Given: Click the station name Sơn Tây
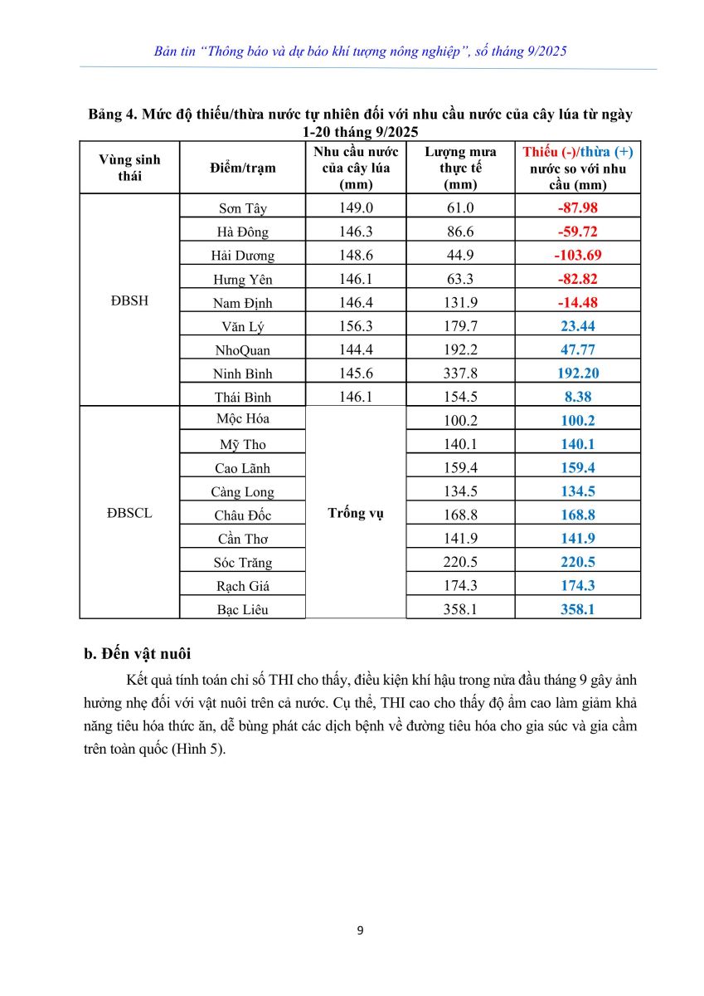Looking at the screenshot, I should point(243,208).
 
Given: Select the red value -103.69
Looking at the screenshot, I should point(577,255).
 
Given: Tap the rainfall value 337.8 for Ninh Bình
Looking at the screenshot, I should point(460,373).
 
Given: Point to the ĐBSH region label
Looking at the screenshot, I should point(129,301).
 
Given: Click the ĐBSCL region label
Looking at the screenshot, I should point(129,513).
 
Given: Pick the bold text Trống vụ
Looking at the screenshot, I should point(356,513).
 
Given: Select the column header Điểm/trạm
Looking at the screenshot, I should point(243,168).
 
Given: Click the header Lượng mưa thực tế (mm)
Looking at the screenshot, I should point(460,168).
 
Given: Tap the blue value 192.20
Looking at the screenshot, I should point(577,373).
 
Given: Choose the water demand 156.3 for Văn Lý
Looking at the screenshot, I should point(356,326).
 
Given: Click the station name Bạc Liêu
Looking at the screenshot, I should point(243,609).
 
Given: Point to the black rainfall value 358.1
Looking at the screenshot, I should point(460,609).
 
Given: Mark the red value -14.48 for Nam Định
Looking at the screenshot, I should point(577,302).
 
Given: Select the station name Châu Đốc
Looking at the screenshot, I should point(243,515).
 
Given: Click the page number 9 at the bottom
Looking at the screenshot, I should point(360,930).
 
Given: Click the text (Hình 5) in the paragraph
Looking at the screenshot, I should point(198,749).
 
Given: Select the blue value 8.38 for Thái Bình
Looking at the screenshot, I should point(577,397).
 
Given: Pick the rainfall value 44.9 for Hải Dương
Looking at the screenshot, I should point(460,255).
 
